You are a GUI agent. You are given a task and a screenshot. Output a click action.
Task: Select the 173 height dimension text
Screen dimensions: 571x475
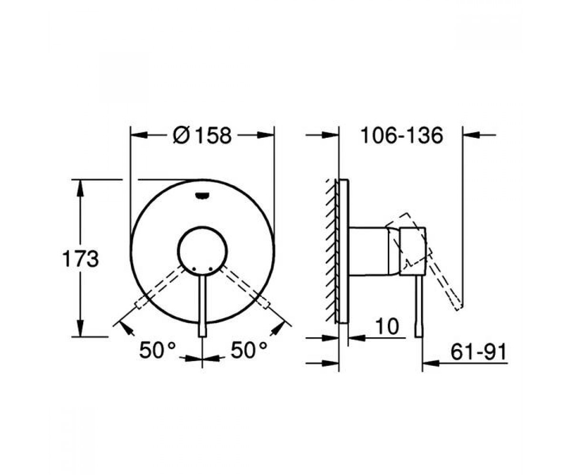pos(80,258)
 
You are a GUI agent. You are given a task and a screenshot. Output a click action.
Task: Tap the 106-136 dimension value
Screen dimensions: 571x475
pos(402,135)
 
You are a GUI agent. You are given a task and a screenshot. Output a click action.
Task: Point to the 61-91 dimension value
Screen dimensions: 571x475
pos(479,352)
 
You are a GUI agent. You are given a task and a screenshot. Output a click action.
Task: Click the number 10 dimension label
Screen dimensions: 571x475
pos(387,326)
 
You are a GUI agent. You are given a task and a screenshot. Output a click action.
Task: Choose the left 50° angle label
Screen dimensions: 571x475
pos(157,350)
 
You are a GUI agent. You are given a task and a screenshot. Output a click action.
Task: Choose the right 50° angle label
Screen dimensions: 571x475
pos(249,350)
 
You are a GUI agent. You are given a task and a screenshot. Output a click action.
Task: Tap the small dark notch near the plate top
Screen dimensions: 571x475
pos(202,195)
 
